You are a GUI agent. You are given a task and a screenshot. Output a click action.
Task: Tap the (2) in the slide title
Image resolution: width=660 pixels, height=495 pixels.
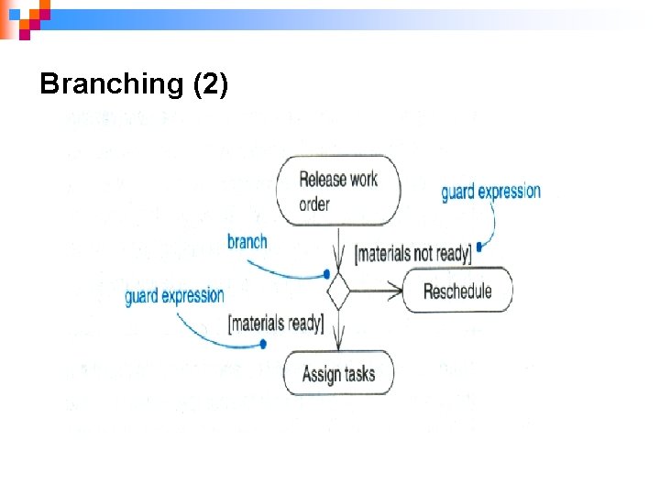210,84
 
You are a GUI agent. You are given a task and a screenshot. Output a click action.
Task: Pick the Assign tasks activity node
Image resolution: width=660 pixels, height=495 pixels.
338,374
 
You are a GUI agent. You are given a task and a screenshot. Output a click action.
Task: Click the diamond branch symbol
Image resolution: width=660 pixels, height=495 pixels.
339,292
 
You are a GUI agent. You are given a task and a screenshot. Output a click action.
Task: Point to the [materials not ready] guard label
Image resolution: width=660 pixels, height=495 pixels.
412,252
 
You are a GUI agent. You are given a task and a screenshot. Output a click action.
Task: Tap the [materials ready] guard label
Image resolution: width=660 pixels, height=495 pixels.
275,323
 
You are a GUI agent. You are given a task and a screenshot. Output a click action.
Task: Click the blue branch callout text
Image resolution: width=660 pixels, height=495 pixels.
247,242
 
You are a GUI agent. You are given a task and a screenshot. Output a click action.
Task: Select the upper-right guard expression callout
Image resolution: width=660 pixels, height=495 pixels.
490,192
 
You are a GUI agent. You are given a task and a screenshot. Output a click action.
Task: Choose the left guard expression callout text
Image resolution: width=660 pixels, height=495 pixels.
174,295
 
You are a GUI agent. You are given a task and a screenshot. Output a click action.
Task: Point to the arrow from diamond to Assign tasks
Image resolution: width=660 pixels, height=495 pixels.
339,330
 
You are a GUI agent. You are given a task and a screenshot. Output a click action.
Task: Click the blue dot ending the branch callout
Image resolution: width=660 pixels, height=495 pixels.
326,274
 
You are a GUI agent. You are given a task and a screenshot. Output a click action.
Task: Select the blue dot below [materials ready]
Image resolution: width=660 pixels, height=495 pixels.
263,345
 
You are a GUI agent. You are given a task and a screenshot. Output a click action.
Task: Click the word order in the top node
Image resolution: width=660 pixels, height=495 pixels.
314,203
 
